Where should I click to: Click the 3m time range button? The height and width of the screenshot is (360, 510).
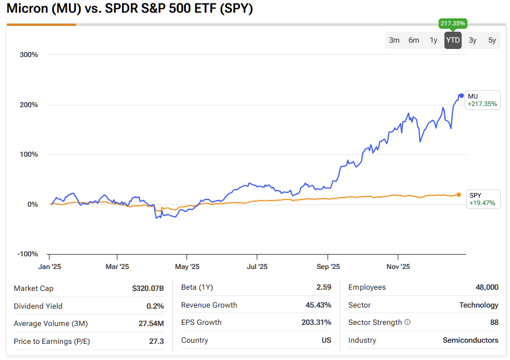coord(394,40)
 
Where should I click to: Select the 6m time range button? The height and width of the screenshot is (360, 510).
coord(414,40)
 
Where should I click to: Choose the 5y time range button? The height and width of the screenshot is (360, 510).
coord(492,40)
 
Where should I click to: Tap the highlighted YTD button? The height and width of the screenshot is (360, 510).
coord(453,40)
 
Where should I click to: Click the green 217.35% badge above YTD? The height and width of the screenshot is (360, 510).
coord(453,24)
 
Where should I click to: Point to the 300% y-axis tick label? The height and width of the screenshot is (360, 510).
coord(29,55)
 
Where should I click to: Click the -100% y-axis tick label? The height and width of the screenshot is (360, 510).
coord(28,254)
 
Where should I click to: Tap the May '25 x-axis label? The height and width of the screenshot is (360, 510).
coord(187,267)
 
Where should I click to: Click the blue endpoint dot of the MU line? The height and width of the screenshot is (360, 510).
coord(462,96)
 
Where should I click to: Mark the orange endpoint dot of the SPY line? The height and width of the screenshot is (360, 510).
coord(459,195)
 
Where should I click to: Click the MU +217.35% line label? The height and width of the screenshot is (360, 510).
coord(482,100)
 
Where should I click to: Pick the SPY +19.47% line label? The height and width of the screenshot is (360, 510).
coord(482,199)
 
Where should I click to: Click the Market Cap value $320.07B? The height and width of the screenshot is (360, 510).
coord(148,288)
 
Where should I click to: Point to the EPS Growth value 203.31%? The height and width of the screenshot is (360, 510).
coord(316,323)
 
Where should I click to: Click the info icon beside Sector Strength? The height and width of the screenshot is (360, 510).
coord(408,323)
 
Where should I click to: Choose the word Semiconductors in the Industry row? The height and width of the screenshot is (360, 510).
coord(470,340)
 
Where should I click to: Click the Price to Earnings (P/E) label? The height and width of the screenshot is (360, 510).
coord(52,342)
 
